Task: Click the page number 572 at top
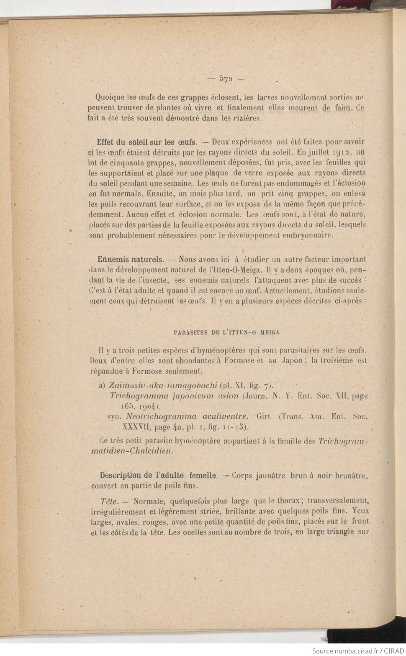pos(226,78)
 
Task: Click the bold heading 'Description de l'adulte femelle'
pos(158,475)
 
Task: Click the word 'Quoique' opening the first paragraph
pos(110,98)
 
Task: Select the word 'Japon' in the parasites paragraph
pos(292,361)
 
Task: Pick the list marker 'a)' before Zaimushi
pos(101,385)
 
